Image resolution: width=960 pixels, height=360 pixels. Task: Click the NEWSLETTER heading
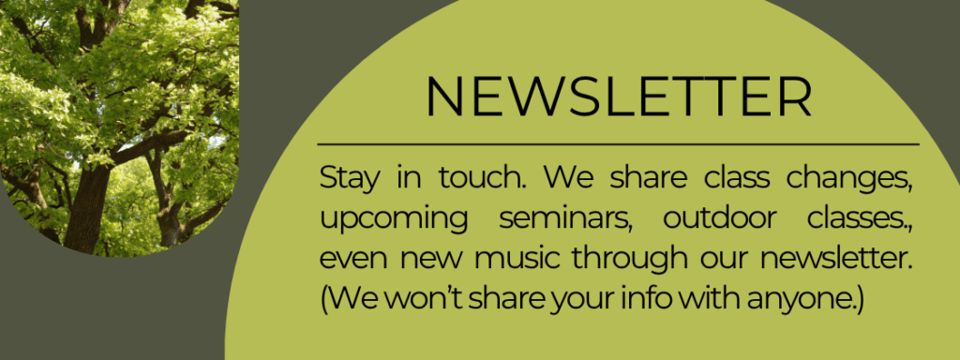click(x=619, y=95)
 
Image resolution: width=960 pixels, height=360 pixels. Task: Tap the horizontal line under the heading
click(x=619, y=145)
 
